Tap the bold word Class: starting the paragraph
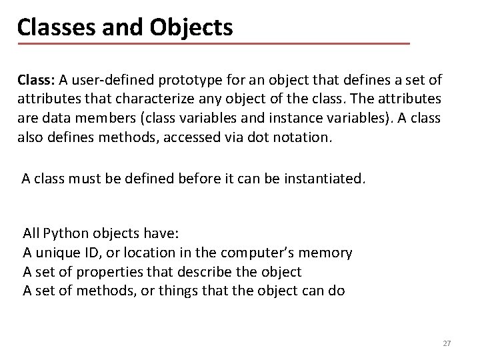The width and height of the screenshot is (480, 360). point(37,81)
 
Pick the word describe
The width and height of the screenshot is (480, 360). point(203,272)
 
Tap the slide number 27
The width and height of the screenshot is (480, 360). point(447,343)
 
